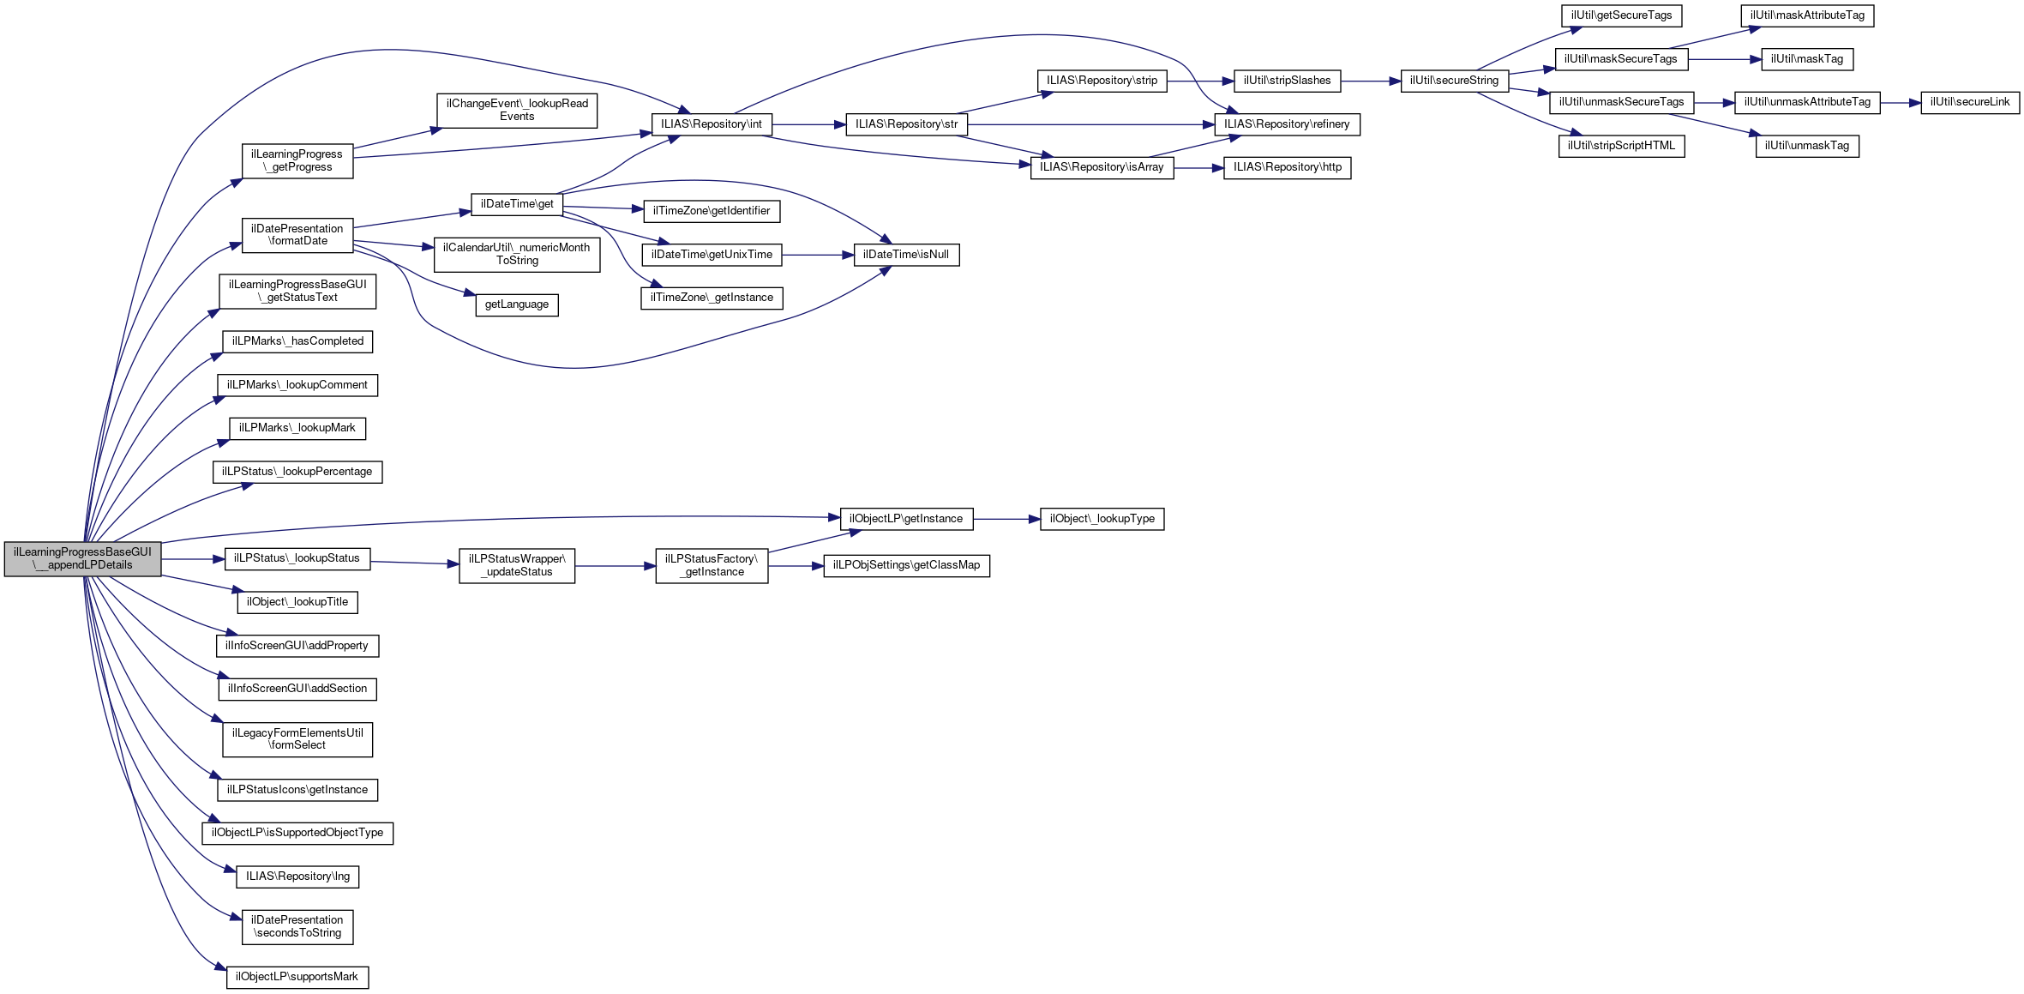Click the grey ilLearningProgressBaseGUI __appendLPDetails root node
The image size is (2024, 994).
(82, 559)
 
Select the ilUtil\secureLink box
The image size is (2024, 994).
(1969, 102)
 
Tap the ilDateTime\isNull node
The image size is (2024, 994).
(906, 255)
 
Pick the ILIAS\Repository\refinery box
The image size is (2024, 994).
(1286, 124)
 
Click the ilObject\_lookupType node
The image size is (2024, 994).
(1102, 519)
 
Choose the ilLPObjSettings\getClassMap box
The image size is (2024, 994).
(906, 566)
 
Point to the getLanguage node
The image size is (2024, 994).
(516, 304)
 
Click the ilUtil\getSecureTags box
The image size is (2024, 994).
(1621, 15)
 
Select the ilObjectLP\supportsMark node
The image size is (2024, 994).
(297, 977)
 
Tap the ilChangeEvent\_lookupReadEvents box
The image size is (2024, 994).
(517, 111)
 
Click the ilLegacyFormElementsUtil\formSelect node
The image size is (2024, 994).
(297, 739)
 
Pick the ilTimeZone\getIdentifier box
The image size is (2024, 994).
(711, 211)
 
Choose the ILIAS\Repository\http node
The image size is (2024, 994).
(1287, 167)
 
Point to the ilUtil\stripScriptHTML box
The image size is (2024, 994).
(1620, 146)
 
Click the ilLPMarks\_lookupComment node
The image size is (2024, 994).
(297, 385)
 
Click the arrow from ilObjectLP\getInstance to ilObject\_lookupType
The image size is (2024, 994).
(1006, 519)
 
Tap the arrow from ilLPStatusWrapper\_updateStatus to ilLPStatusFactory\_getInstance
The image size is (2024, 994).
(615, 566)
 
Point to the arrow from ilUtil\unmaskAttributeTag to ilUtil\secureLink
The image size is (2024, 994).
(1900, 102)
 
